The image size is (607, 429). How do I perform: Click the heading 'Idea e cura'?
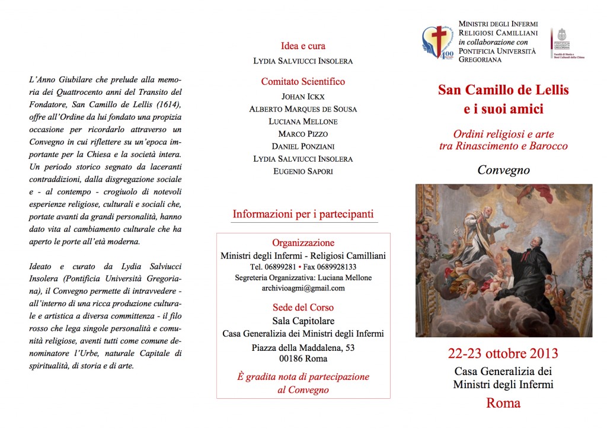pos(303,46)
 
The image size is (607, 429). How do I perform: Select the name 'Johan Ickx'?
pos(303,96)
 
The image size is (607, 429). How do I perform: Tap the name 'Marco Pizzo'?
pos(303,134)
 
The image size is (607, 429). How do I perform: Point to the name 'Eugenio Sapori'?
pos(303,171)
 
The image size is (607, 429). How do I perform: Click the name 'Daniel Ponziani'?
pos(303,146)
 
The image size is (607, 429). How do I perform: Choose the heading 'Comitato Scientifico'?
pos(303,82)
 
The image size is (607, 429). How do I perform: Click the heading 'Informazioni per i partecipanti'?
pos(303,214)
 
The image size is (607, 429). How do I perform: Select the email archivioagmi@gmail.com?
pos(303,288)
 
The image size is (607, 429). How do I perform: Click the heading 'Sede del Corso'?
pos(303,308)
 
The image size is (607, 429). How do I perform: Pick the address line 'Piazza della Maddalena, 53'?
pos(303,348)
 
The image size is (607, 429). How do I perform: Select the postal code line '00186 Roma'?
pos(303,358)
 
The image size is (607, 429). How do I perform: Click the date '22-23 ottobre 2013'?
pos(503,354)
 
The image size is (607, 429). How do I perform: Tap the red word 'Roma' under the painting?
pos(503,404)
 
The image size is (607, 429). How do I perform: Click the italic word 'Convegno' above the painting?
pos(503,171)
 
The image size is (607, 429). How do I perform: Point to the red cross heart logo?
pos(438,42)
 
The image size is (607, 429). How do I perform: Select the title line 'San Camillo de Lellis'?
pos(503,90)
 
